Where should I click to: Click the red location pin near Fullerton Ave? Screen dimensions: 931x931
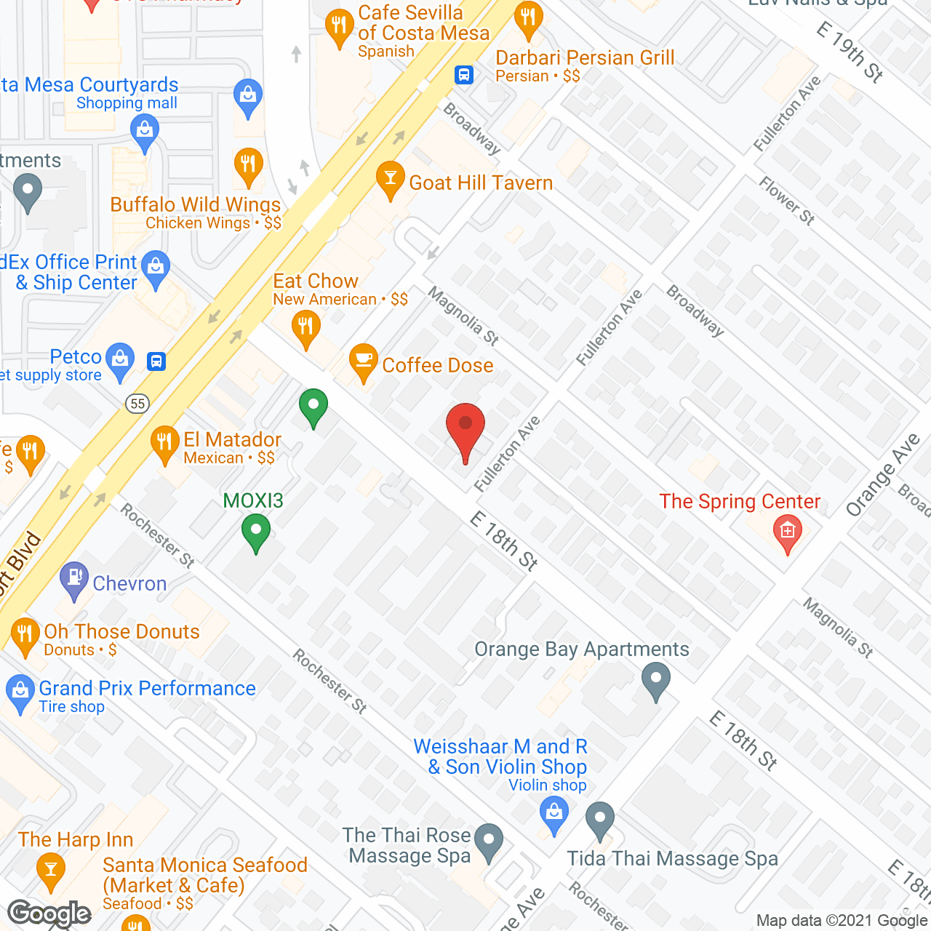(465, 429)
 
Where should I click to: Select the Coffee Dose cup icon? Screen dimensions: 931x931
(363, 361)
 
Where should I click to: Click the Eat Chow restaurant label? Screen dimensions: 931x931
(316, 281)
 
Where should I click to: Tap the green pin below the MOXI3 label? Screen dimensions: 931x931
(255, 532)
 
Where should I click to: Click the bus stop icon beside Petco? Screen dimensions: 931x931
(156, 361)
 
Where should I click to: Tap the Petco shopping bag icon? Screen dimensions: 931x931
(120, 359)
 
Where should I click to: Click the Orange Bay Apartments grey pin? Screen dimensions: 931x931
(655, 681)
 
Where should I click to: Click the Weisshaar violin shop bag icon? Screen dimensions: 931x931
(554, 812)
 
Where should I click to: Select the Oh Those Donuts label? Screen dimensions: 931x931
(121, 631)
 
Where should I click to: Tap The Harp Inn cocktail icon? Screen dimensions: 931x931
(50, 870)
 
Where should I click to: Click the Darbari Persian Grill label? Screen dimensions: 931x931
(585, 58)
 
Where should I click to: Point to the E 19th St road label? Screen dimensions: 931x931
(850, 51)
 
